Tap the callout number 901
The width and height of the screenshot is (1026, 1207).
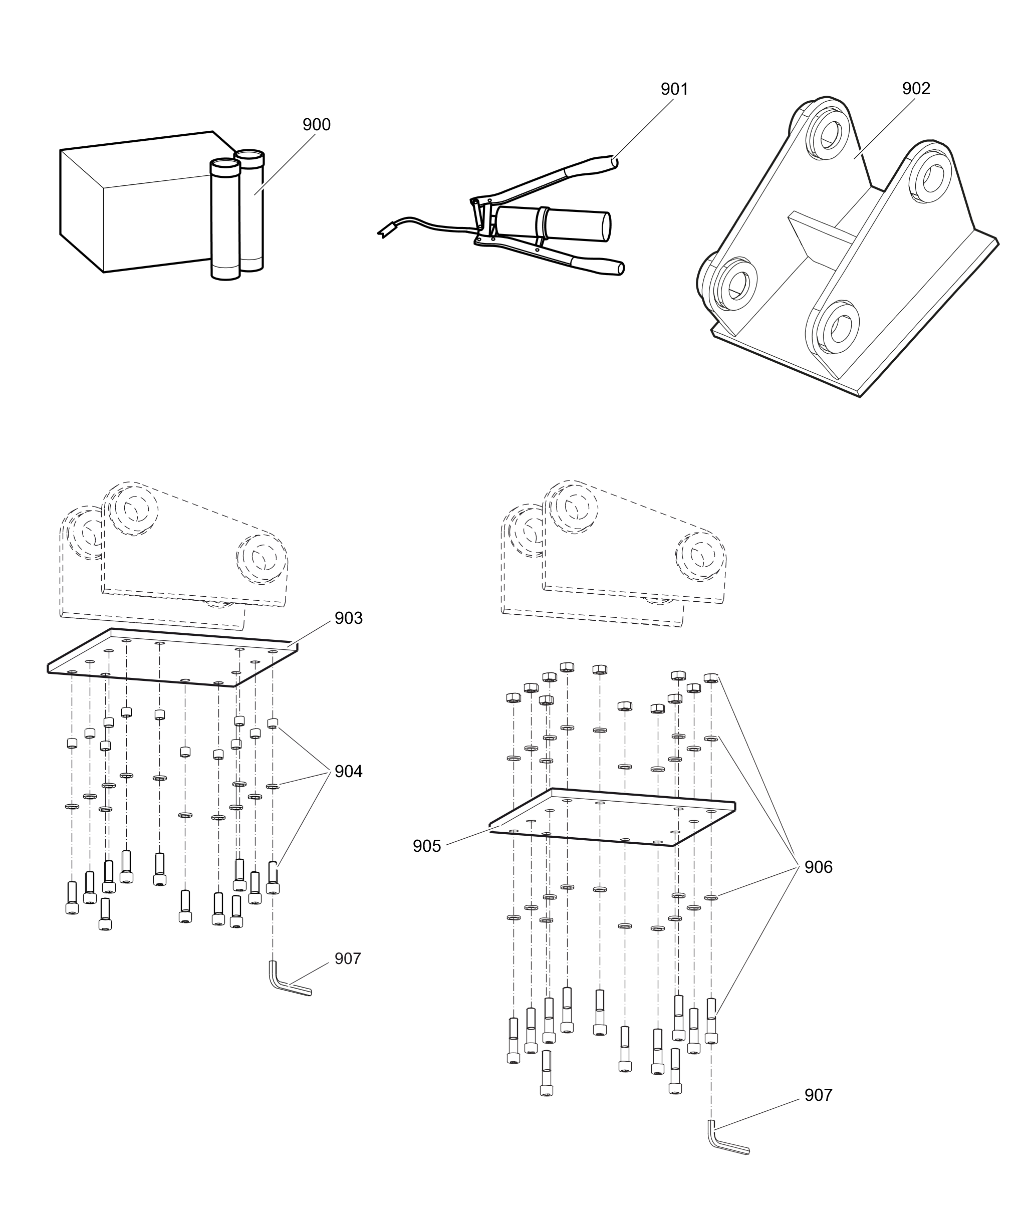674,89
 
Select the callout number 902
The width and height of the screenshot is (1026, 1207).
916,88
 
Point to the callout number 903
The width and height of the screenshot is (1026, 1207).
348,618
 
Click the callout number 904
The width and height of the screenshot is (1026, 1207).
348,771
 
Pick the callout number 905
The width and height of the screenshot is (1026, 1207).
427,846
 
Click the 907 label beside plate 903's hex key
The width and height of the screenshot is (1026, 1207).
348,958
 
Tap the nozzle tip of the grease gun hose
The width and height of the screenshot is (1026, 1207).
383,232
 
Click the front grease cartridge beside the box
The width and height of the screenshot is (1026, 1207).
225,221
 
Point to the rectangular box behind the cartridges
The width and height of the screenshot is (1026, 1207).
134,203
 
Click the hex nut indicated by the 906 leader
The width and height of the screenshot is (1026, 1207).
710,678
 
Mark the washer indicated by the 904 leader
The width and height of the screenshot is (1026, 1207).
272,787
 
